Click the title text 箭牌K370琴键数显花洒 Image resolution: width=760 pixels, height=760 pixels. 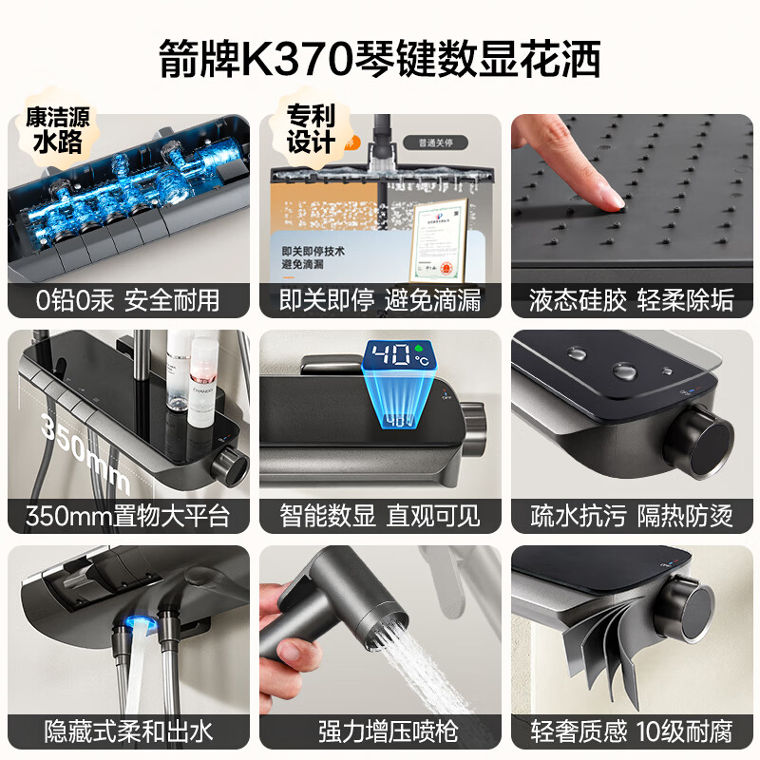coord(380,60)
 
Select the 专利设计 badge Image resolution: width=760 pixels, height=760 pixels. coord(311,130)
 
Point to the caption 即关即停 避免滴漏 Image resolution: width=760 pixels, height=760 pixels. coord(380,300)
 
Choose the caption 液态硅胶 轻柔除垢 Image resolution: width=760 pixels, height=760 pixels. coord(632,300)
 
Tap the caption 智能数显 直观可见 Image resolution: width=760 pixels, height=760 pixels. coord(380,516)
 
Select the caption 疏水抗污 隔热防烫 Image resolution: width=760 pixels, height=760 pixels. coord(632,516)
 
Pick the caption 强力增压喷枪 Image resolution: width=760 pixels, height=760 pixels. coord(380,731)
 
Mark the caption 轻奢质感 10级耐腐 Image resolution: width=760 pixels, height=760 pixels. coord(632,731)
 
